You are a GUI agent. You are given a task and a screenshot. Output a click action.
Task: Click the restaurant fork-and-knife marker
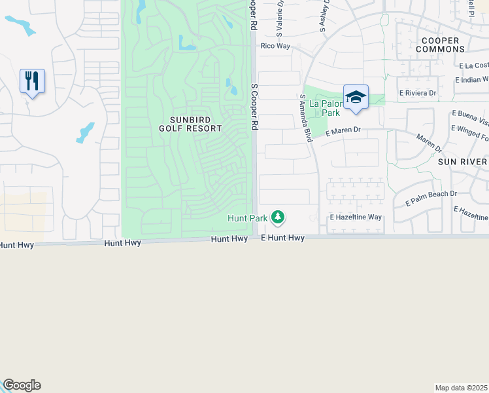32,81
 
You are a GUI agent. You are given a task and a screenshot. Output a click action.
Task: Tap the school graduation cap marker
356,97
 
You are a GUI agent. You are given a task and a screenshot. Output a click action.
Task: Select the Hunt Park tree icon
278,216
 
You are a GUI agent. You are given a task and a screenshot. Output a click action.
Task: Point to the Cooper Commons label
437,45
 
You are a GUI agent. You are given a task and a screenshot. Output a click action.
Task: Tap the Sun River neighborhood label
462,161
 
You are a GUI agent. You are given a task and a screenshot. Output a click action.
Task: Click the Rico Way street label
275,47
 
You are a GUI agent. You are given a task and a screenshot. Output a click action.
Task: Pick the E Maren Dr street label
343,130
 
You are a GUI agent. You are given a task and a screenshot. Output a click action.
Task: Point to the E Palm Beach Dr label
431,198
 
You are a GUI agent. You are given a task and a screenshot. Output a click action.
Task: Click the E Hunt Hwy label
283,238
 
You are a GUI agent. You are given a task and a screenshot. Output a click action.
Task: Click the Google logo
22,385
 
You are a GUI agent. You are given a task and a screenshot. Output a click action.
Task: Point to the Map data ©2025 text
462,388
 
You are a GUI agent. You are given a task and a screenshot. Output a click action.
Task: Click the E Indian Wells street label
471,79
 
